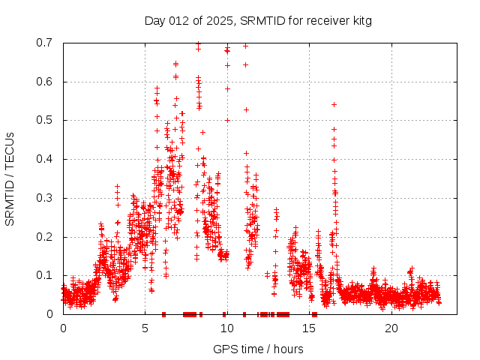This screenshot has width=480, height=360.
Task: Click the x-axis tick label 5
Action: (145, 328)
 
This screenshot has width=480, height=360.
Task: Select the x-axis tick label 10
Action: (227, 328)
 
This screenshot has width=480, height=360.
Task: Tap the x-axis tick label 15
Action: (309, 328)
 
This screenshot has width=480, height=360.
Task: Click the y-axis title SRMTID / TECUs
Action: (10, 178)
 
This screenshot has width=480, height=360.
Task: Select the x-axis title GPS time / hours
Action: (258, 349)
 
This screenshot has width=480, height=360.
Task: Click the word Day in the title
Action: (155, 20)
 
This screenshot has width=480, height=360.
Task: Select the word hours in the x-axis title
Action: (289, 349)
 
